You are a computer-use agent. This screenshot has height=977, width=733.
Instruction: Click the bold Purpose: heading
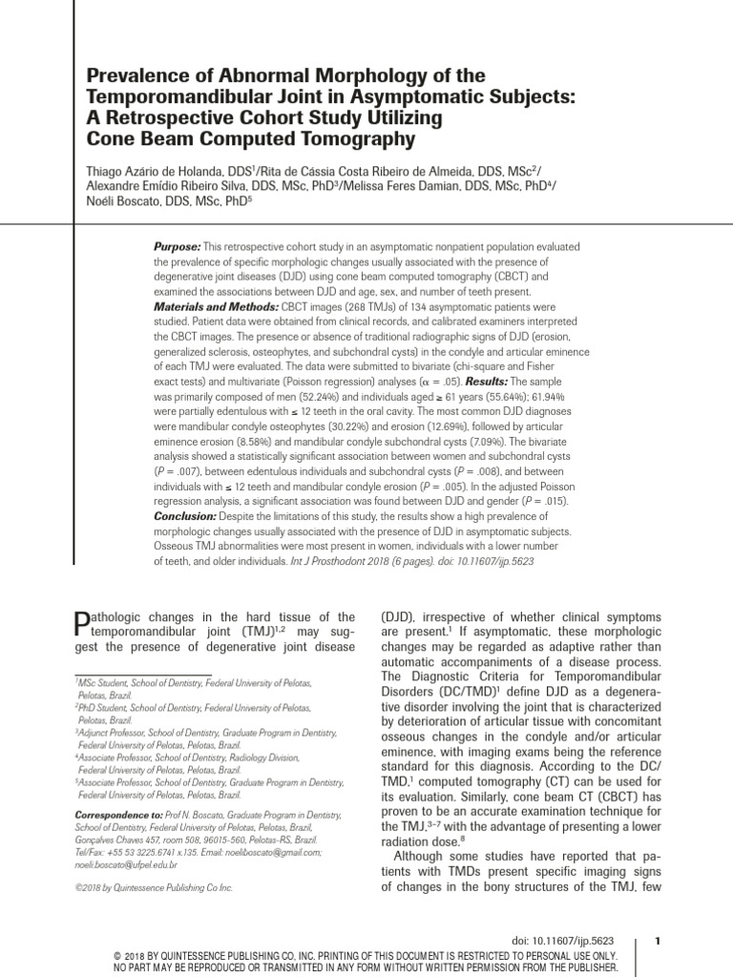[178, 247]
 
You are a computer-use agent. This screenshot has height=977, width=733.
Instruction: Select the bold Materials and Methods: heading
[216, 308]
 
